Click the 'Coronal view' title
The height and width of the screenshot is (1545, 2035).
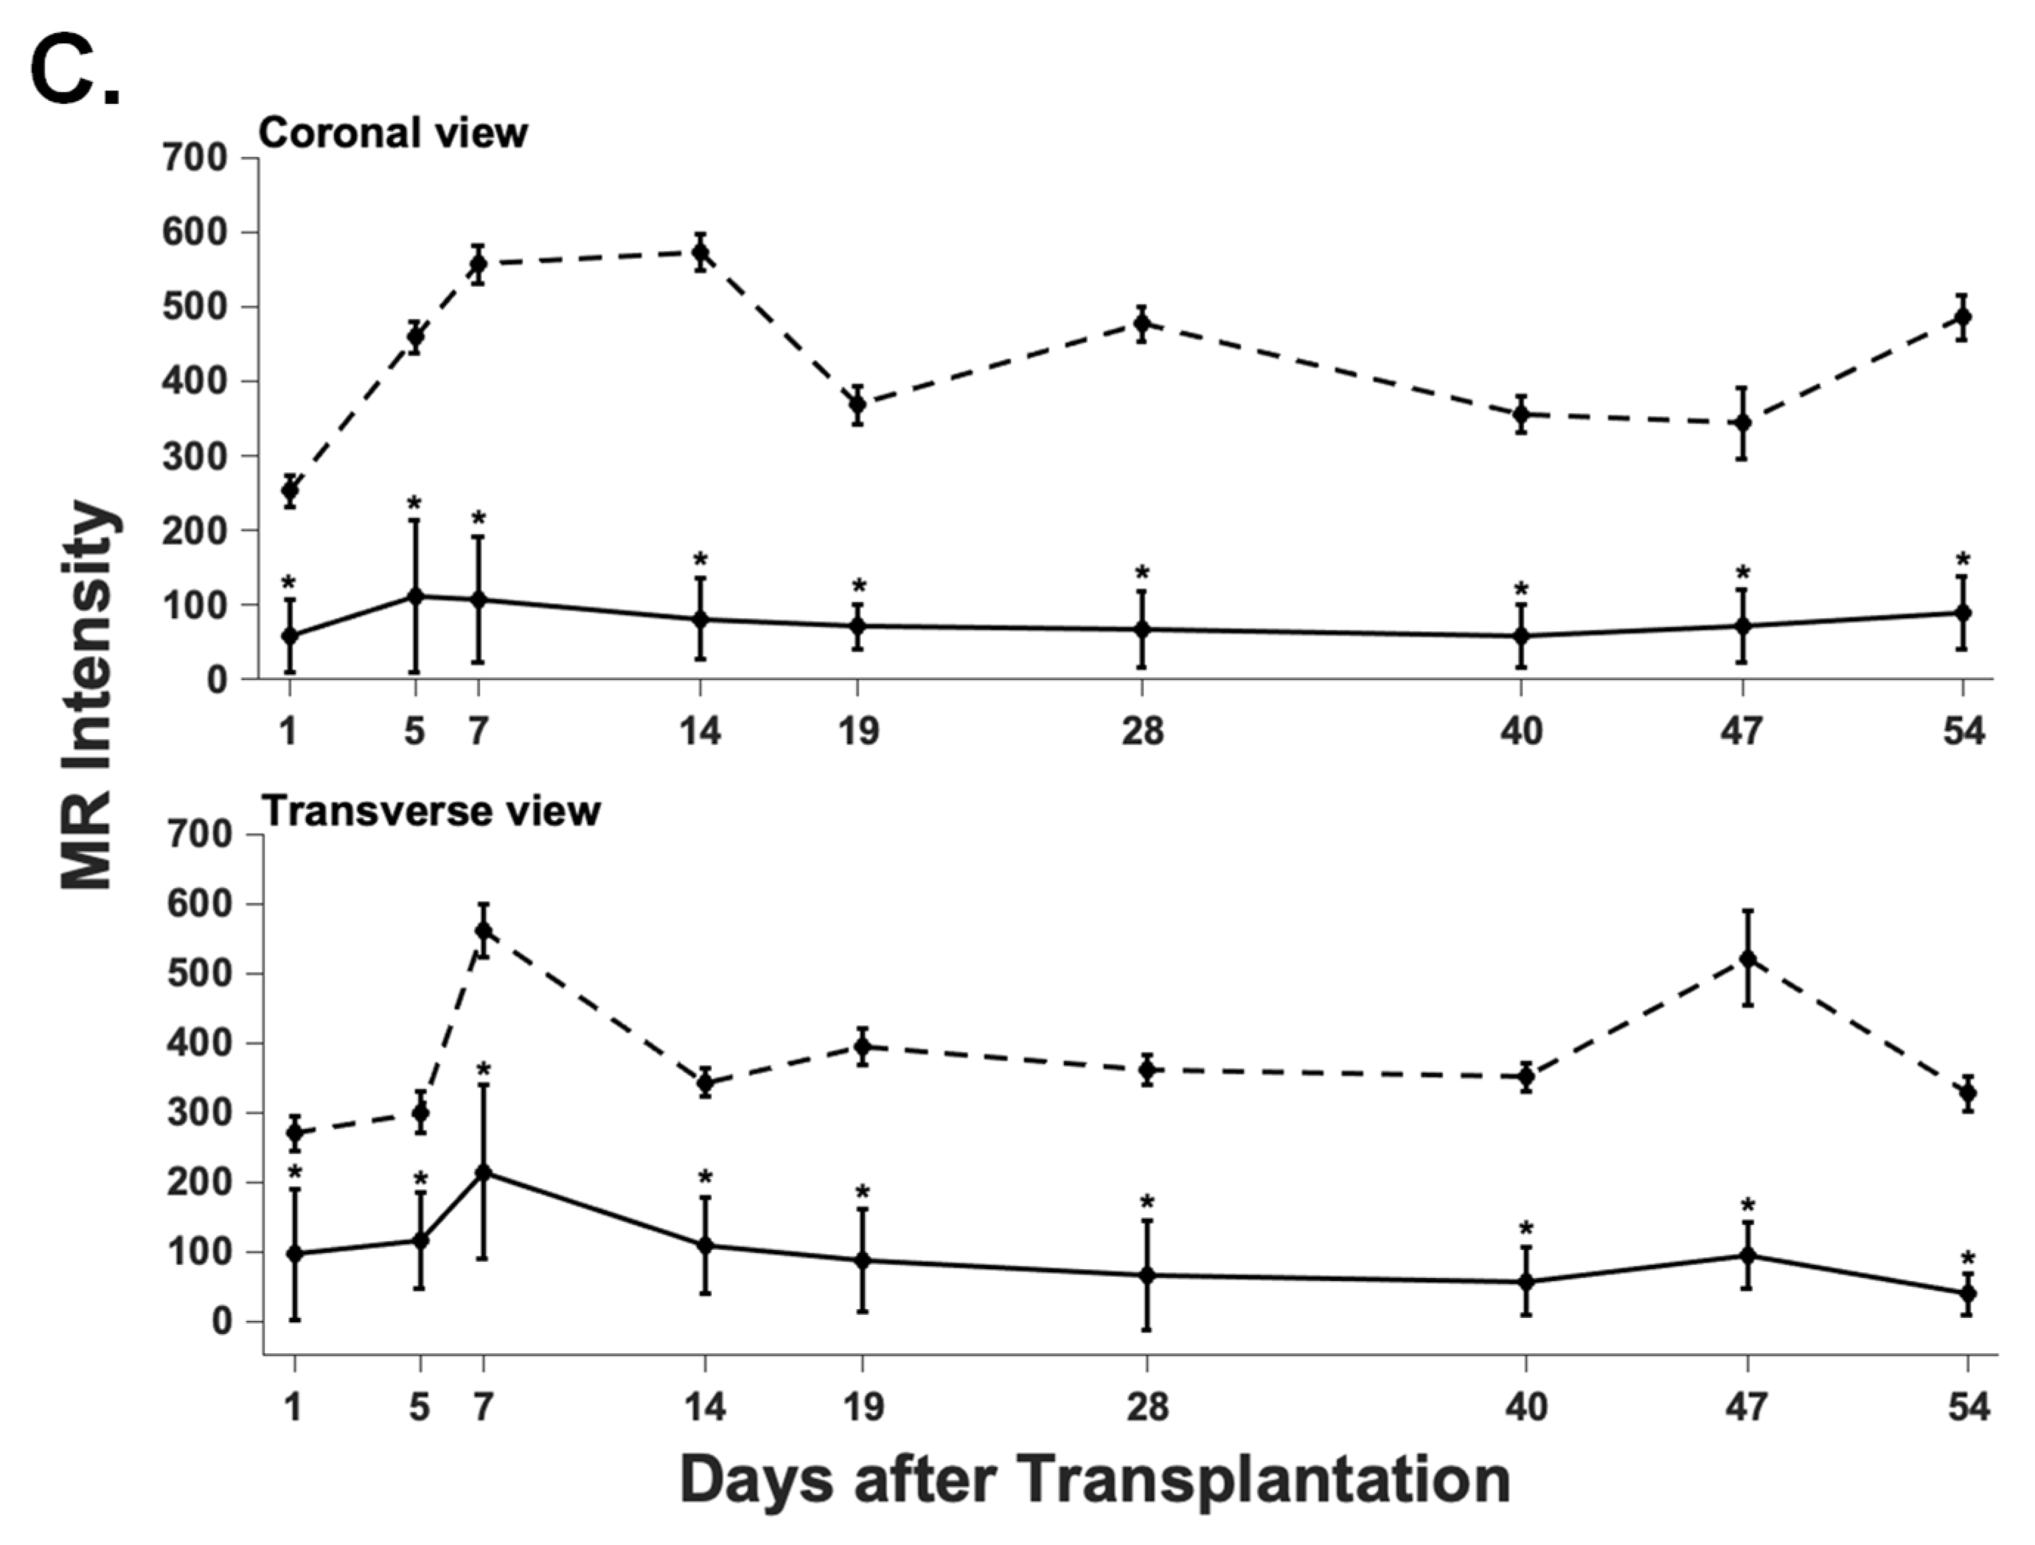click(393, 133)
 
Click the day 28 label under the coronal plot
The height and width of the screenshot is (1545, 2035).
click(1141, 732)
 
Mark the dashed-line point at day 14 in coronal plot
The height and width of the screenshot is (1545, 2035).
click(700, 252)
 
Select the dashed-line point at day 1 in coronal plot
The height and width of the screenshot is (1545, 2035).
click(290, 490)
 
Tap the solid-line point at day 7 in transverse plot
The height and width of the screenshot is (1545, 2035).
click(483, 1173)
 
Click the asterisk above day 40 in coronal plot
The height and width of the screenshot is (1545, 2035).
click(1522, 591)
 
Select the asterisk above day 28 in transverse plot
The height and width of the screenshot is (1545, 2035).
click(1147, 1203)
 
